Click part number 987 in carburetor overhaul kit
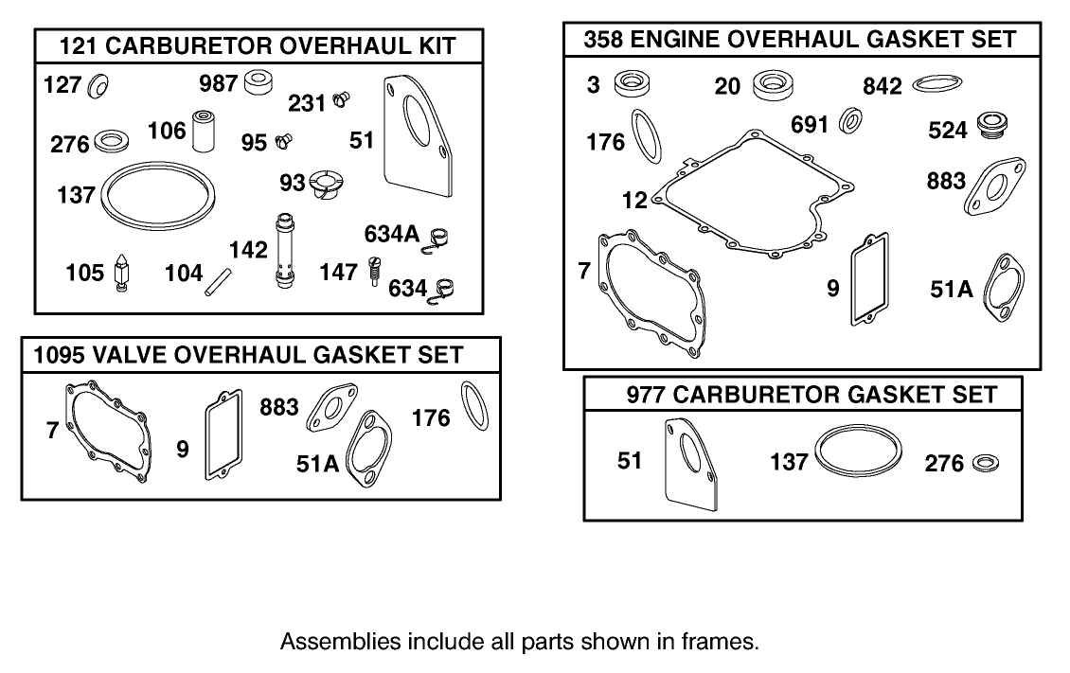218,82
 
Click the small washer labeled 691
850,121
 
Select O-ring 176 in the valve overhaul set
474,406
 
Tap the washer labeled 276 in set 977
984,463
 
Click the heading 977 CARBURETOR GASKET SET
811,395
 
